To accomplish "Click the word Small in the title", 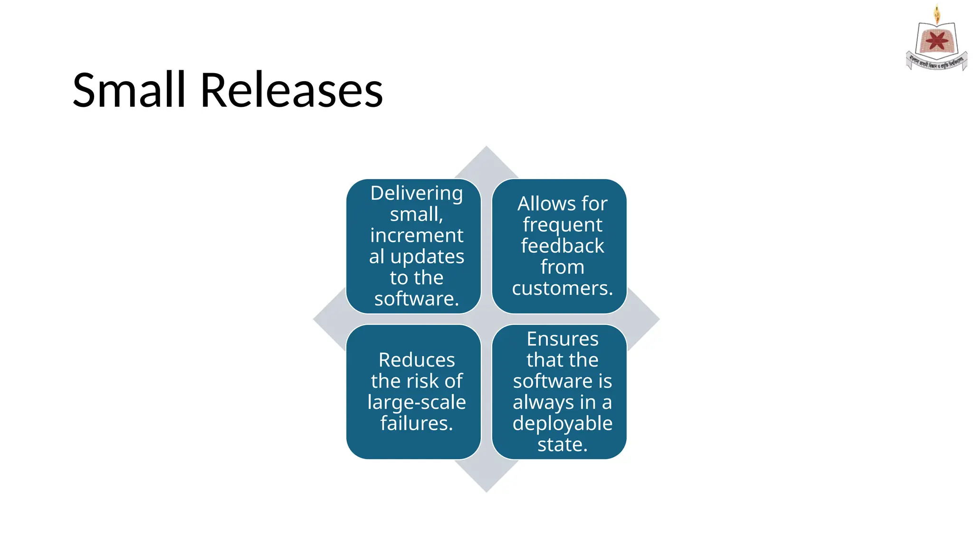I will click(129, 90).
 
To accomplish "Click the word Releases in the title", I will click(291, 90).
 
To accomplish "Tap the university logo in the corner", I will click(936, 40).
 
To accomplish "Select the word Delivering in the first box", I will click(417, 193).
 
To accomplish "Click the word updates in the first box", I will click(427, 257).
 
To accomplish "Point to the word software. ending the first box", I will click(417, 299).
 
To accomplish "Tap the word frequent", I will click(563, 225).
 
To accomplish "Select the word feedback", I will click(563, 246).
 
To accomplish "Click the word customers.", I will click(563, 288).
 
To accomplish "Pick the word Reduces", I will click(417, 360).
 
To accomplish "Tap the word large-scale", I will click(417, 402).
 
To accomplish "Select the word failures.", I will click(417, 423).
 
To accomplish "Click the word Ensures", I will click(563, 339).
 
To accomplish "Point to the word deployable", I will click(563, 424).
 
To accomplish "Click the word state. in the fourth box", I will click(563, 444).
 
